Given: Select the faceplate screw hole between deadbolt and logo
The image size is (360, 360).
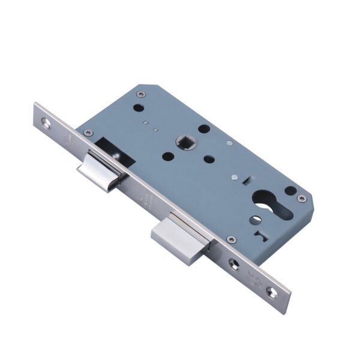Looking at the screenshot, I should pos(233,262).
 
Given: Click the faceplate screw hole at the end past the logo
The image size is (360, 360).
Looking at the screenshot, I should pos(272,292).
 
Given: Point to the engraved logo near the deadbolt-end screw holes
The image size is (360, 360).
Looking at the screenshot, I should pos(252,277).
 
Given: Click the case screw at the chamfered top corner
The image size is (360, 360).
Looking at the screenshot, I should pos(140,94).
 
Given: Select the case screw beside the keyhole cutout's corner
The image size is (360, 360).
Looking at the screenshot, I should pos(302,198).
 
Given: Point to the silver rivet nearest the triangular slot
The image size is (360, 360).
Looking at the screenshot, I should pos(232,178).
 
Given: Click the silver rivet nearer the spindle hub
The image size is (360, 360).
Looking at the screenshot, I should pos(229,144).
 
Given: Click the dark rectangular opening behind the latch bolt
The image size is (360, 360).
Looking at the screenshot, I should pos(110,148).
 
